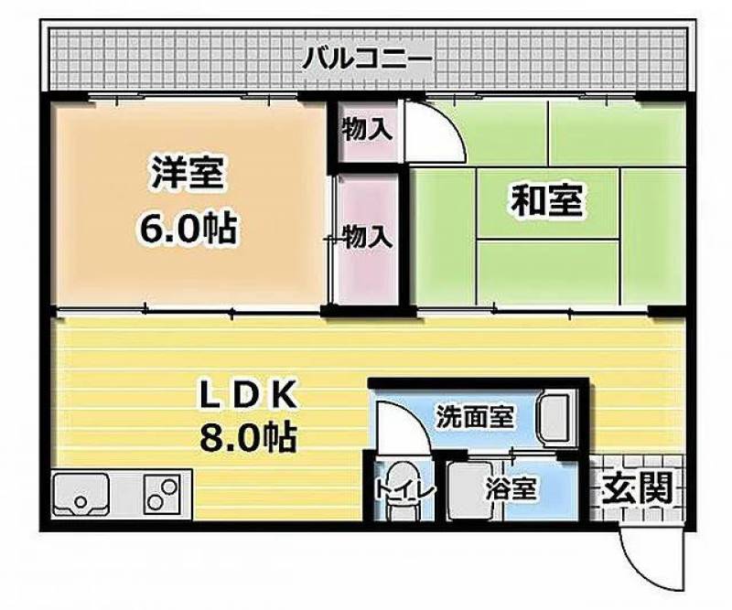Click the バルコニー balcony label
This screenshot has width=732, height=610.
(368, 59)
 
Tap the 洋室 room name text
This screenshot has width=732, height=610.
(187, 172)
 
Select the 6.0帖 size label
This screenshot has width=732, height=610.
(187, 228)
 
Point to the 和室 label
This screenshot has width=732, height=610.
(546, 201)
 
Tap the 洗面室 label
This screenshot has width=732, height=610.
(475, 416)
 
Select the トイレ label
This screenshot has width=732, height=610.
(405, 490)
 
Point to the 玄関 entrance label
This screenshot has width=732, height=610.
(638, 487)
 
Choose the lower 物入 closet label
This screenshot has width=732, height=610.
(368, 236)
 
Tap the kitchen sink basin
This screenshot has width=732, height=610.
(81, 494)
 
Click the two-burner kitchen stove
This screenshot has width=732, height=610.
(162, 494)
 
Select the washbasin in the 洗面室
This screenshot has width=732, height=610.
(556, 418)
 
